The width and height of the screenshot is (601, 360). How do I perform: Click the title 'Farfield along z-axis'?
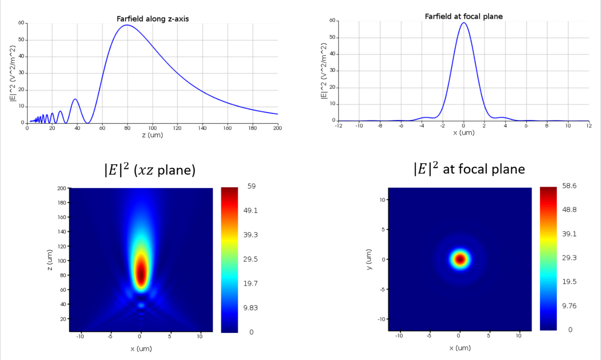(153, 19)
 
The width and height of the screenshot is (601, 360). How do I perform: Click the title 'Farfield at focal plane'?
(464, 16)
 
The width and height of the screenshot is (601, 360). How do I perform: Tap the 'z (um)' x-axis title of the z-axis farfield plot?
(152, 135)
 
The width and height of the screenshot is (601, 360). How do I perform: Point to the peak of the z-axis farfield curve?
(127, 25)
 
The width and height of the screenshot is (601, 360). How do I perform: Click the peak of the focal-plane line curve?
(464, 23)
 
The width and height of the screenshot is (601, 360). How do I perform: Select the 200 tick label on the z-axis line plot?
(277, 128)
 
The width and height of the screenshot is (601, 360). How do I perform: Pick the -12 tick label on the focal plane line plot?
(338, 125)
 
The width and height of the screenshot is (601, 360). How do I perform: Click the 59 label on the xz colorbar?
(251, 186)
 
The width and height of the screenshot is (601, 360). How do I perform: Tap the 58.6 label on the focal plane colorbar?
(569, 186)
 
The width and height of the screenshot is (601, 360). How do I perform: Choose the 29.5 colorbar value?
(251, 259)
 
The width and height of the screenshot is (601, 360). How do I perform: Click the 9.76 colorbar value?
(569, 306)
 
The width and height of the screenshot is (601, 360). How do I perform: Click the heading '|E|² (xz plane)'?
(149, 170)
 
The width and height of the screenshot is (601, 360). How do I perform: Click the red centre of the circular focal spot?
(460, 259)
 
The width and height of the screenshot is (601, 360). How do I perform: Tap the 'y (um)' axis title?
(368, 259)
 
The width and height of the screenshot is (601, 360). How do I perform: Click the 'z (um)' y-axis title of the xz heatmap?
(50, 260)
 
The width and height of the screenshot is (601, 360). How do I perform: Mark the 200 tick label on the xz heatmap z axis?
(62, 188)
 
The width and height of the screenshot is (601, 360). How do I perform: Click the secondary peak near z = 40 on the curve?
(75, 99)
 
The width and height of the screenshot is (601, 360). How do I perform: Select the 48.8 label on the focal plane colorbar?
(569, 210)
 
